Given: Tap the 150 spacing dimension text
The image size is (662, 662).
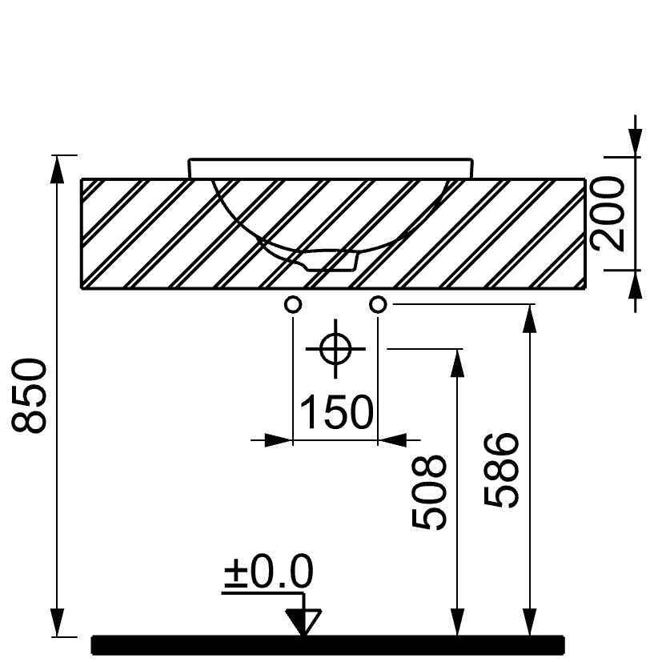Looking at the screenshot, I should coord(336,411).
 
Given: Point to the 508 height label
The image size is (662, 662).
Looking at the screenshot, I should coord(429,491).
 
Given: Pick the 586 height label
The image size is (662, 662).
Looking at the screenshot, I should coord(503,470).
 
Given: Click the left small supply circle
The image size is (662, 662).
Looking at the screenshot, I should coord(293,304).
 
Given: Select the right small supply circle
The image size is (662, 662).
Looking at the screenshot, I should coord(379,304).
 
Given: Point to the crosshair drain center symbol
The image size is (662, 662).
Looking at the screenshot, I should coord(336,349).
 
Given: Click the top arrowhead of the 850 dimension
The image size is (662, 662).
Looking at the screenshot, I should coord(57,168).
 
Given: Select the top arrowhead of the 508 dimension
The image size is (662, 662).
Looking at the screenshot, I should coord(457,362).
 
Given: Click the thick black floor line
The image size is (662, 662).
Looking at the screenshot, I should coord(328,644).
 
